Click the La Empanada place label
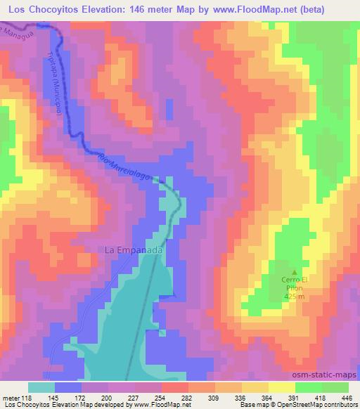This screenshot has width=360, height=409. (x=134, y=249)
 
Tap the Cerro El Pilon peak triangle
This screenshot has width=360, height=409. (x=295, y=272)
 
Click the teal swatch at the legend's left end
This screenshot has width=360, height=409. (x=41, y=387)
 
